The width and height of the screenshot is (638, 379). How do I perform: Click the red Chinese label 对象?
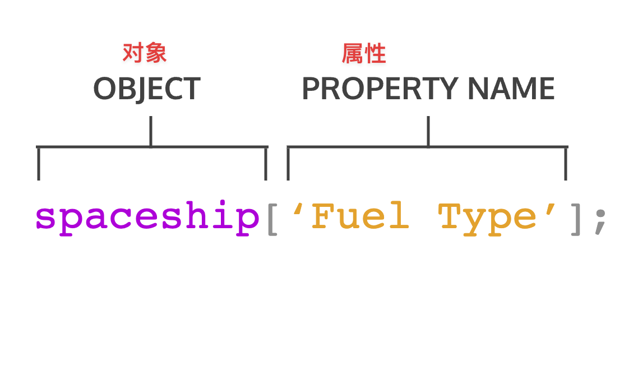point(145,53)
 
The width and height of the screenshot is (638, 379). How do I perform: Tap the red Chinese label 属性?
point(364,53)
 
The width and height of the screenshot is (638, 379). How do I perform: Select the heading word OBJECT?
point(147,89)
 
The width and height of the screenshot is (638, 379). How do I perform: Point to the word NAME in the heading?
point(511,89)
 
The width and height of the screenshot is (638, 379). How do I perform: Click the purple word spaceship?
point(147,218)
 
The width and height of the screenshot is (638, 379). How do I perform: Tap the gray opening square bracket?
point(272,219)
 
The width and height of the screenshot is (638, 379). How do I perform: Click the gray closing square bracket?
point(575,219)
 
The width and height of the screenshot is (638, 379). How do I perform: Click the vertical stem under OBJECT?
point(151,131)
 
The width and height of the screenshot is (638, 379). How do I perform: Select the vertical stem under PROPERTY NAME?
point(428,131)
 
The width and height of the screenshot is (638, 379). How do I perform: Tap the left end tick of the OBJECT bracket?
point(39,164)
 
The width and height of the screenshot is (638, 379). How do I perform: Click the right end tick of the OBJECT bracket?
point(266,164)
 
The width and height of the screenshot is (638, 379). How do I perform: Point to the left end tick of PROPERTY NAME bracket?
point(288,164)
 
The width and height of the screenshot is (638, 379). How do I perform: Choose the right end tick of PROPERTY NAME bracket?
point(566,164)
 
